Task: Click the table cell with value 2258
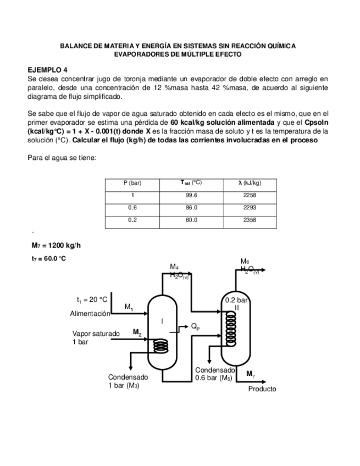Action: pos(249,195)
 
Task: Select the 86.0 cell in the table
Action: pos(191,208)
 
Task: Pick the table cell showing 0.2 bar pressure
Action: pos(132,221)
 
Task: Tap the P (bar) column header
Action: pos(132,182)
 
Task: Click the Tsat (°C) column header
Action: pos(191,182)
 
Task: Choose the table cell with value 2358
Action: pos(249,221)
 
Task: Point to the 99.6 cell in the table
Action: pos(191,195)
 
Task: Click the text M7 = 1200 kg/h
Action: pos(57,245)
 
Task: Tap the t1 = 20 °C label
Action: pos(92,299)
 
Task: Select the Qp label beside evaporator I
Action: pos(195,326)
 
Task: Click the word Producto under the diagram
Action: pos(262,389)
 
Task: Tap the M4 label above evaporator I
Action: pos(174,267)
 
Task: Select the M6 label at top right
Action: pos(245,261)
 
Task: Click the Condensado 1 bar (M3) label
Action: pos(128,381)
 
